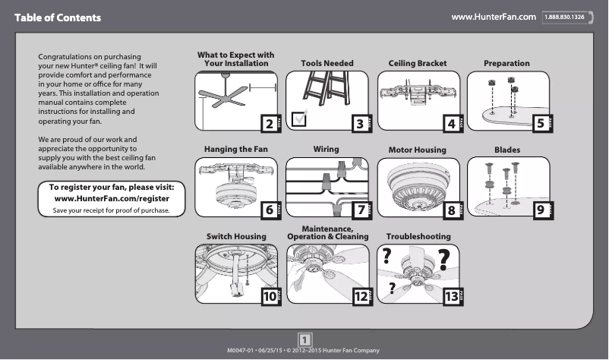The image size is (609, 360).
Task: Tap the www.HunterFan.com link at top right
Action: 494,16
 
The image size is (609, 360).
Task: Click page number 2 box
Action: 268,123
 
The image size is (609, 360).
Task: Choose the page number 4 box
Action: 451,123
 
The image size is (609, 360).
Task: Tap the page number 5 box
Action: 540,123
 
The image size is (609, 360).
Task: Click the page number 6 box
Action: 268,210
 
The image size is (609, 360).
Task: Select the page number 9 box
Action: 540,210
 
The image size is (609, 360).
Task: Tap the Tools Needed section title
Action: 327,64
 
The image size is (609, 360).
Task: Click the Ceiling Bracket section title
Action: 418,64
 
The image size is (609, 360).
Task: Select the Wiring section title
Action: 326,150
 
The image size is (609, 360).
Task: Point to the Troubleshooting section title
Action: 418,237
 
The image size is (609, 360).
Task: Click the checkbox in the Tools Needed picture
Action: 300,118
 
